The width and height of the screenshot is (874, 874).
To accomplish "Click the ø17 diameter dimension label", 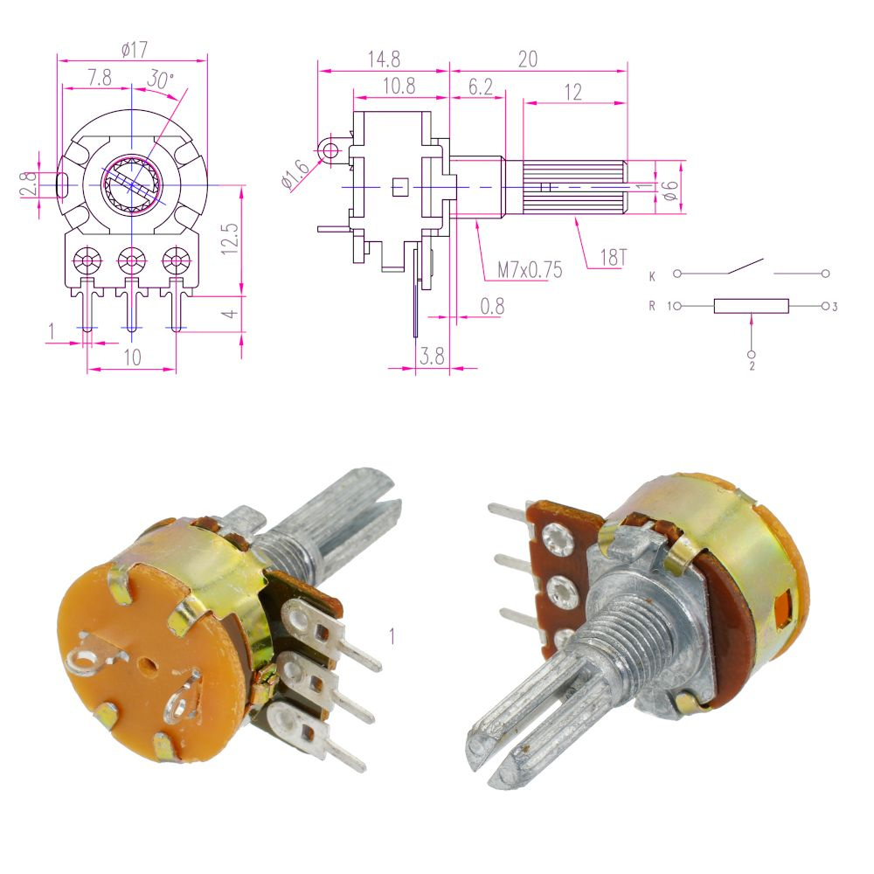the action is pyautogui.click(x=135, y=50).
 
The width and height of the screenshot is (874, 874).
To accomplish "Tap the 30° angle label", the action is pyautogui.click(x=161, y=80).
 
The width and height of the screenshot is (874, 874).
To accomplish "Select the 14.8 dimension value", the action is pyautogui.click(x=384, y=59).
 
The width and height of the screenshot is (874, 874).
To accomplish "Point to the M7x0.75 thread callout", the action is pyautogui.click(x=531, y=270).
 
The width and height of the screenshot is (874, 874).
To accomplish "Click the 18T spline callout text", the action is pyautogui.click(x=614, y=258).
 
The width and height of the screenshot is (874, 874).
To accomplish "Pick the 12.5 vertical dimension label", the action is pyautogui.click(x=230, y=239).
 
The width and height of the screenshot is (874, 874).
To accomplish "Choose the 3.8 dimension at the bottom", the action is pyautogui.click(x=432, y=356).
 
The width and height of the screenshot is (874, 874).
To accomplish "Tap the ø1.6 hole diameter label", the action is pyautogui.click(x=295, y=174).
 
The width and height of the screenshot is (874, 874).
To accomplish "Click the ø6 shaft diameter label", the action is pyautogui.click(x=670, y=190).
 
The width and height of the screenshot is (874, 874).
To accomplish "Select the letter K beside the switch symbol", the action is pyautogui.click(x=652, y=276).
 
